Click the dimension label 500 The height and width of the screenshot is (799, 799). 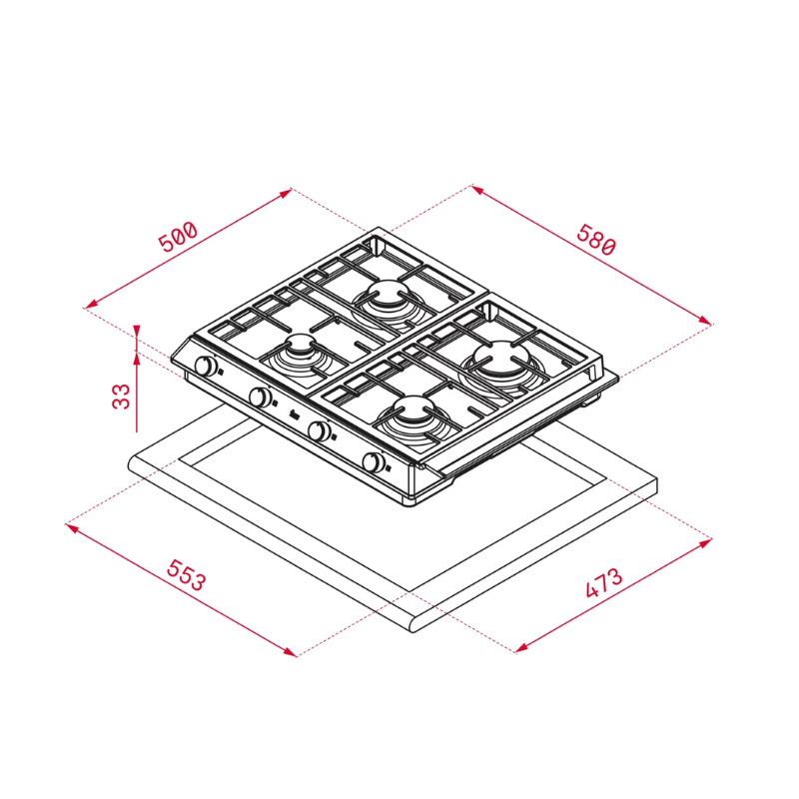178,237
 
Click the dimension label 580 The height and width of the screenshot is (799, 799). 596,239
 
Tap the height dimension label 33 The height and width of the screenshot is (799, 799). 121,397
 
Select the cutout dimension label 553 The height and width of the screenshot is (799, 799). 187,575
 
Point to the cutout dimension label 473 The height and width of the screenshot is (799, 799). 604,582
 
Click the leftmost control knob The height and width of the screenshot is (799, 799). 206,366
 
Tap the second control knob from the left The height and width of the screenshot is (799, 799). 261,397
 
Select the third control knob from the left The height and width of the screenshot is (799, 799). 319,430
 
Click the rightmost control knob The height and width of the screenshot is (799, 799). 374,462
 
